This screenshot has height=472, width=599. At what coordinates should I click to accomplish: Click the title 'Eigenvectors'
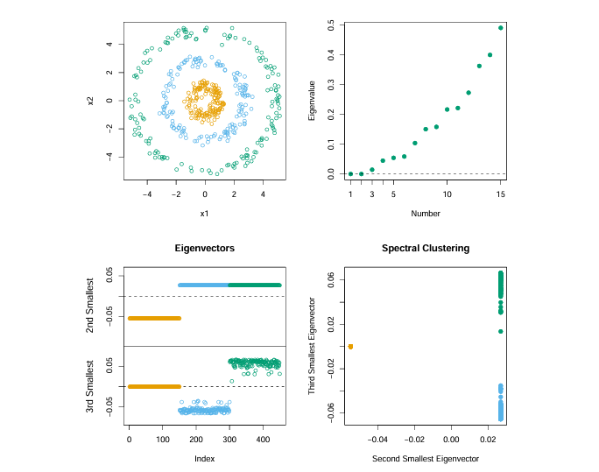click(205, 249)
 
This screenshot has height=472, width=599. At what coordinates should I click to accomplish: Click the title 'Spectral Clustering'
click(426, 249)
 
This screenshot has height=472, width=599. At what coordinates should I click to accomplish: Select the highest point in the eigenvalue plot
click(501, 28)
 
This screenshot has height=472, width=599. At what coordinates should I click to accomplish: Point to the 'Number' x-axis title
click(426, 214)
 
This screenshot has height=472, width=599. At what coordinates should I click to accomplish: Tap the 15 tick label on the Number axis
click(501, 194)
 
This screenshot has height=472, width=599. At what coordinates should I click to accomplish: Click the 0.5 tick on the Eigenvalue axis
click(330, 27)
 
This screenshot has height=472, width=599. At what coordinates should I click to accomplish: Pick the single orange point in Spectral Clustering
click(350, 347)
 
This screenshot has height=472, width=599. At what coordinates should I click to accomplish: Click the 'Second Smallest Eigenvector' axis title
click(426, 459)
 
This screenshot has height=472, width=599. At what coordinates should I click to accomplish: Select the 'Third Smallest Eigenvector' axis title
click(311, 346)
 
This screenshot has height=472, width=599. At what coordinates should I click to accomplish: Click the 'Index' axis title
click(205, 459)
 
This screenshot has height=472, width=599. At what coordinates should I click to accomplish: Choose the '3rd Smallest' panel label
click(90, 386)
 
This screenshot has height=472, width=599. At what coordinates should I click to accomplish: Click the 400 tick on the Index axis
click(263, 440)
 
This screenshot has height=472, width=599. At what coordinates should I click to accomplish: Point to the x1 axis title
click(205, 214)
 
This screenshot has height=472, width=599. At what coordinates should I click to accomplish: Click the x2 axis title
click(90, 100)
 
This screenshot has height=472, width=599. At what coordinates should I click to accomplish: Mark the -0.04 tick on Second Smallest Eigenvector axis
click(377, 440)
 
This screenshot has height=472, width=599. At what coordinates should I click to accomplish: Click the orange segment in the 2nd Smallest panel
click(154, 318)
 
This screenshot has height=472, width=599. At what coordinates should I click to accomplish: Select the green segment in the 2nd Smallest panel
click(254, 285)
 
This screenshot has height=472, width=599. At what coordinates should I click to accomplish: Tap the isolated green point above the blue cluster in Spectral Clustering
click(501, 331)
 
